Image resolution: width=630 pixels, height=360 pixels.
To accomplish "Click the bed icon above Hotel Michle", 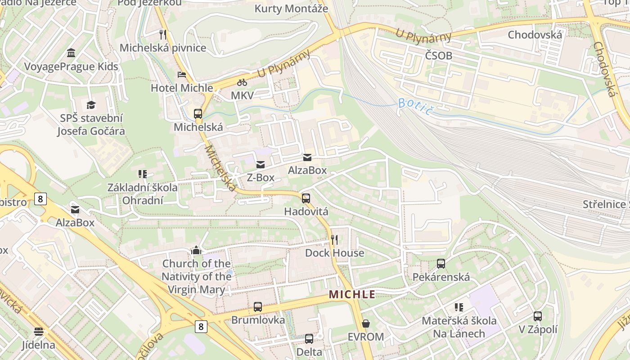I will [182, 74].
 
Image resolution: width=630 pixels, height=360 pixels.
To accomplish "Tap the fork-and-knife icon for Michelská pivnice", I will [163, 34].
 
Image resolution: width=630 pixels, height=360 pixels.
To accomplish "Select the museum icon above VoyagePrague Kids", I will [71, 53].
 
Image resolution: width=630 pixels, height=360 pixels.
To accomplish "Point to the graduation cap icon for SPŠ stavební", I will [91, 105].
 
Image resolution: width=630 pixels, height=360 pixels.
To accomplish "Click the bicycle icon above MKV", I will [242, 82].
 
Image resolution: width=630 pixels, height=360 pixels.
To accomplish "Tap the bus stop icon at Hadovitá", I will [306, 198].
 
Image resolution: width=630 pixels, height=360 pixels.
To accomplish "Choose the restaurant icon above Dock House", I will [334, 239].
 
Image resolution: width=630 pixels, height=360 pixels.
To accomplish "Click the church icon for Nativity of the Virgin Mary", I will [196, 250].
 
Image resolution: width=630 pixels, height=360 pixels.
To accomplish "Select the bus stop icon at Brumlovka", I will [258, 307].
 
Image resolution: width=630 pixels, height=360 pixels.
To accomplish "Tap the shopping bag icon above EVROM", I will [366, 324].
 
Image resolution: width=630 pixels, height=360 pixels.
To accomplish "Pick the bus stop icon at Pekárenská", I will [441, 264].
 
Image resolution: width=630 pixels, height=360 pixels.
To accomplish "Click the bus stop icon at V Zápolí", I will [538, 316].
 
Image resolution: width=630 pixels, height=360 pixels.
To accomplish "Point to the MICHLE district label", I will [352, 295].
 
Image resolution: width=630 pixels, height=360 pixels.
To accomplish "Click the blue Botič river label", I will [414, 106].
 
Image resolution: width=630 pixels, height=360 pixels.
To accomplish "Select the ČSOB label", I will [438, 56].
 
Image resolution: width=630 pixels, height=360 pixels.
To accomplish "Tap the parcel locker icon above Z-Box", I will [261, 164].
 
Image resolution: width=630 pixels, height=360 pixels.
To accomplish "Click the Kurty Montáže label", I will [291, 9].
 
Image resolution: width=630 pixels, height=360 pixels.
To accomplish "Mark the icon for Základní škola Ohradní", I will [143, 174].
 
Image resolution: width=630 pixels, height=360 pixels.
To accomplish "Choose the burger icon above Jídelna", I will [39, 332].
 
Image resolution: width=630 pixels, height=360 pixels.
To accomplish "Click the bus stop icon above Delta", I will [309, 338].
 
